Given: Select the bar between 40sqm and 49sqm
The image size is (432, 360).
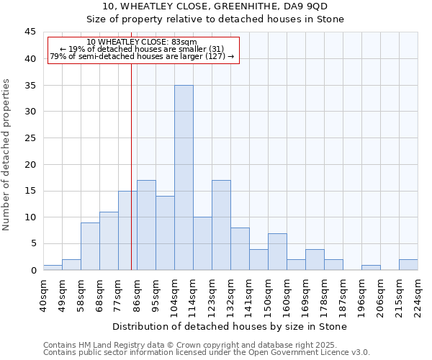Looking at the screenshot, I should coord(53,267).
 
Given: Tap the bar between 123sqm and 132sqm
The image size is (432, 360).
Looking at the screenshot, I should coord(221,225).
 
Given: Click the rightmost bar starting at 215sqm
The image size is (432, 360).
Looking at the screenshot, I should coord(408,264).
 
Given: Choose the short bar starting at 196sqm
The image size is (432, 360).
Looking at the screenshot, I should coord(371,267).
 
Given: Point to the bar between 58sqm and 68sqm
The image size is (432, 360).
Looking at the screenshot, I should coord(90,246).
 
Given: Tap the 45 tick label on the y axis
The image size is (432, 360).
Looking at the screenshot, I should coord(30,32).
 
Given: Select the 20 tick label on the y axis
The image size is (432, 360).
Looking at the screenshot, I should coord(30,164).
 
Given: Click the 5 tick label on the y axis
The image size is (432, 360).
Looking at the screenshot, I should coord(32,243).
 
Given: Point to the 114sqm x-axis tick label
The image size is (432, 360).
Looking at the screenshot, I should coord(193,292).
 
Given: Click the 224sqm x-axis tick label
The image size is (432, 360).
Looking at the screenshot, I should coord(418,292).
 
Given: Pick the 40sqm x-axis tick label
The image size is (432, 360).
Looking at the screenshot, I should coord(43,292).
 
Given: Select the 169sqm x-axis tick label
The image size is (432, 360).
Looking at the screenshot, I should coord(305,292).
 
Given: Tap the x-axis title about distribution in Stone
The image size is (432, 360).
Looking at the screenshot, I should coord(230,326).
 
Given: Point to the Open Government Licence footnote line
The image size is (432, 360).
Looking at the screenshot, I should coord(207,353).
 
